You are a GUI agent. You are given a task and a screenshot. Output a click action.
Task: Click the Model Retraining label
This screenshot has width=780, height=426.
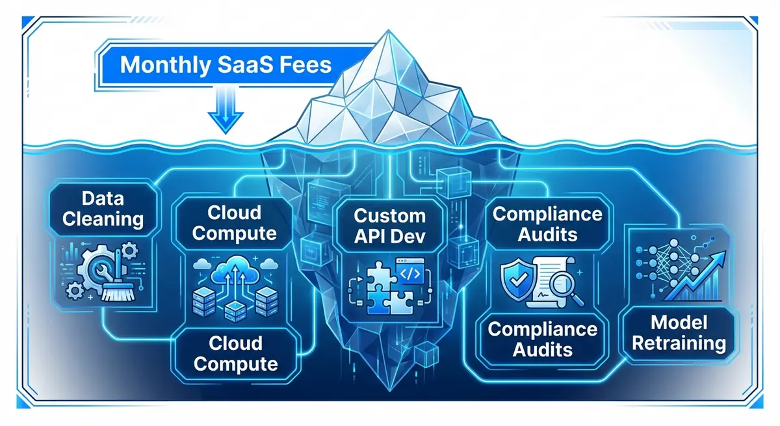679,333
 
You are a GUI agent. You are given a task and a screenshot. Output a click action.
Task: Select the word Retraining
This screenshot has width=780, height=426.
679,343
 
